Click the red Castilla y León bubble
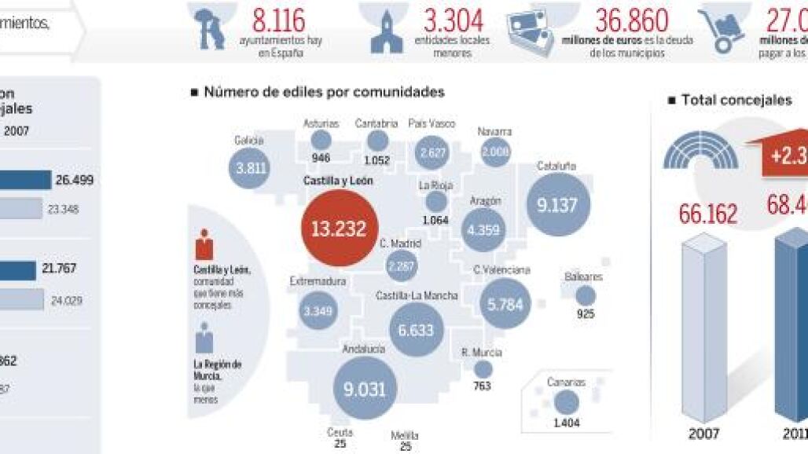339,229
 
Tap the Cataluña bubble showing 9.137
557,205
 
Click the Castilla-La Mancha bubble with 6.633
416,330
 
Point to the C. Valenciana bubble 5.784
505,304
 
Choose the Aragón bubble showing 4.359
483,230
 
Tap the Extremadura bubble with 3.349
318,311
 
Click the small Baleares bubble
586,296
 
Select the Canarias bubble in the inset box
565,402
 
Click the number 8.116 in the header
278,21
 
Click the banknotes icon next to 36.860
531,31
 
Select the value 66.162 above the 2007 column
708,214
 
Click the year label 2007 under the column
704,434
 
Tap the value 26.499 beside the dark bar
75,180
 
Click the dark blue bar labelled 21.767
17,269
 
